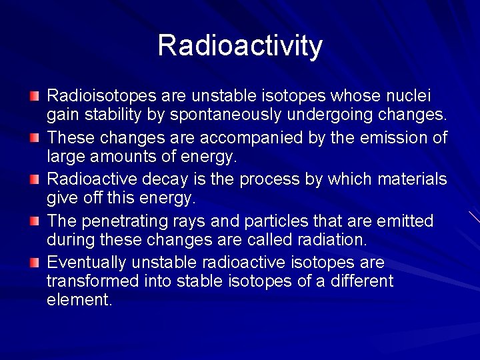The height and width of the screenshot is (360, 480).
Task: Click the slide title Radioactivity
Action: point(240,45)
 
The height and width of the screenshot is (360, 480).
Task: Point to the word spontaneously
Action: point(236,115)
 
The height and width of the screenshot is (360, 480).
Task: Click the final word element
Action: point(79,299)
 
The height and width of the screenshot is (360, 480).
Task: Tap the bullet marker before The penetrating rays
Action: point(34,221)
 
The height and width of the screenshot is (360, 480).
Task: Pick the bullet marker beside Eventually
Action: point(34,263)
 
